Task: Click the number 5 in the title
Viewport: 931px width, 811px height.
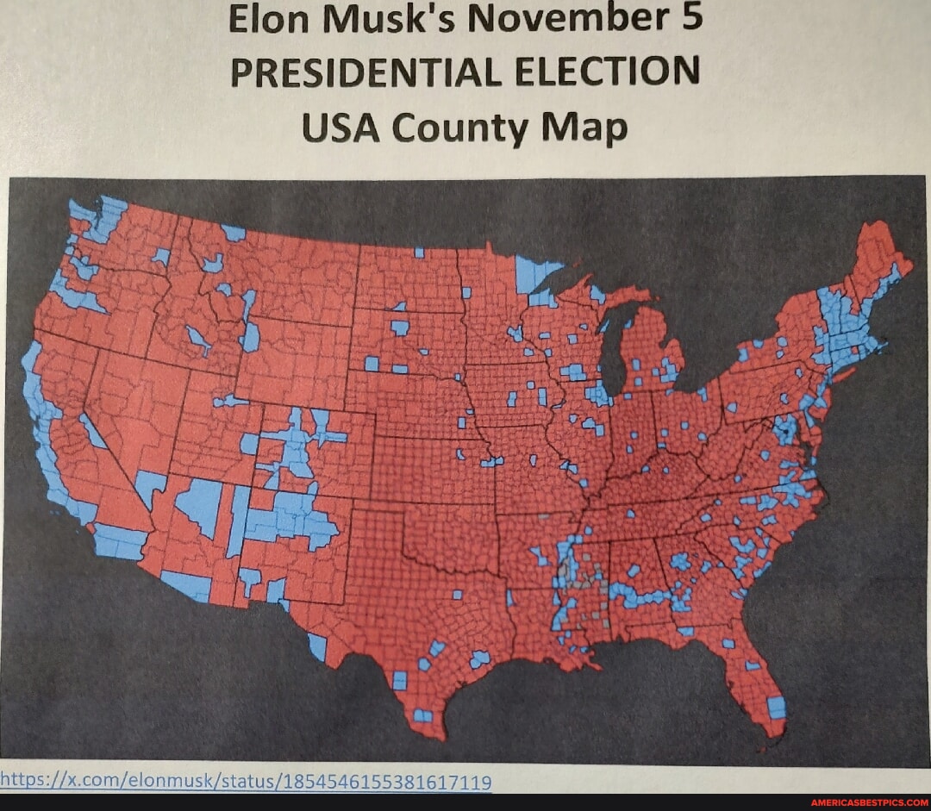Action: (x=690, y=17)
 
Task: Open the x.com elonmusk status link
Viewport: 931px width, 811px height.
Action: (x=246, y=782)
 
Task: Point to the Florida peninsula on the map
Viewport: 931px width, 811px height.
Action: (x=759, y=681)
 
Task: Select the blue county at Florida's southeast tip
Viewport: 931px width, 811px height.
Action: (x=777, y=708)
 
